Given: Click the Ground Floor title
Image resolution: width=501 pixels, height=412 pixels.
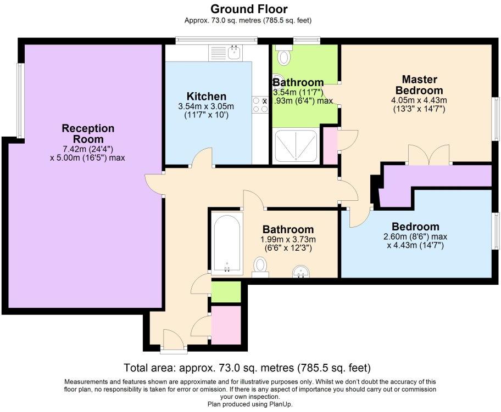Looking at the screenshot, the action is coord(249,9).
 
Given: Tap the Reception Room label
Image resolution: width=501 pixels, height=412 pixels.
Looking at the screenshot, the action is coord(88,133).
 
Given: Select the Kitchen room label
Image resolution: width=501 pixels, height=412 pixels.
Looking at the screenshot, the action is coord(207,96).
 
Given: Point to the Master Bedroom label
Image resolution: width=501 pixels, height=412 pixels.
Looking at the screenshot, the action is coord(419,84).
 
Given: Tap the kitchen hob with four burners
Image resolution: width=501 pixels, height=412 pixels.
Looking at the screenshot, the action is coord(260,105).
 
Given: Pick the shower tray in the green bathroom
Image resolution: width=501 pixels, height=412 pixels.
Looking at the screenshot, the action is coord(296,146).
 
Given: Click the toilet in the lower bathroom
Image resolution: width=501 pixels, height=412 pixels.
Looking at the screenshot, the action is coord(260,267).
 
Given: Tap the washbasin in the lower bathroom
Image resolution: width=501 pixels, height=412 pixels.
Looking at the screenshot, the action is coord(301,272).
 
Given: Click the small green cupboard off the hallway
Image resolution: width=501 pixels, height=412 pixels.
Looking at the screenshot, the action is coord(226,292).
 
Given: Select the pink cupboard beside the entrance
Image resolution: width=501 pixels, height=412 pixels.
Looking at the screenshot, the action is coord(226,325).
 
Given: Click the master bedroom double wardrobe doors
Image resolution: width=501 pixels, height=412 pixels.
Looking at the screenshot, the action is coord(429,155).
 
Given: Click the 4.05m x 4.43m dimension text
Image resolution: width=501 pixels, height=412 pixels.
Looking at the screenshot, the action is coord(419,100).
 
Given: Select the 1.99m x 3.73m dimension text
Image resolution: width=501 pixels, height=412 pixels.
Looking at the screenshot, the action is coord(288,239).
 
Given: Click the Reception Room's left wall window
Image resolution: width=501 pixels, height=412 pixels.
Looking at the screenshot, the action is coord(19,100).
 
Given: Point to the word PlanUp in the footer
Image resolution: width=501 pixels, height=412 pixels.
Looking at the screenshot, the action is coord(281,404).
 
